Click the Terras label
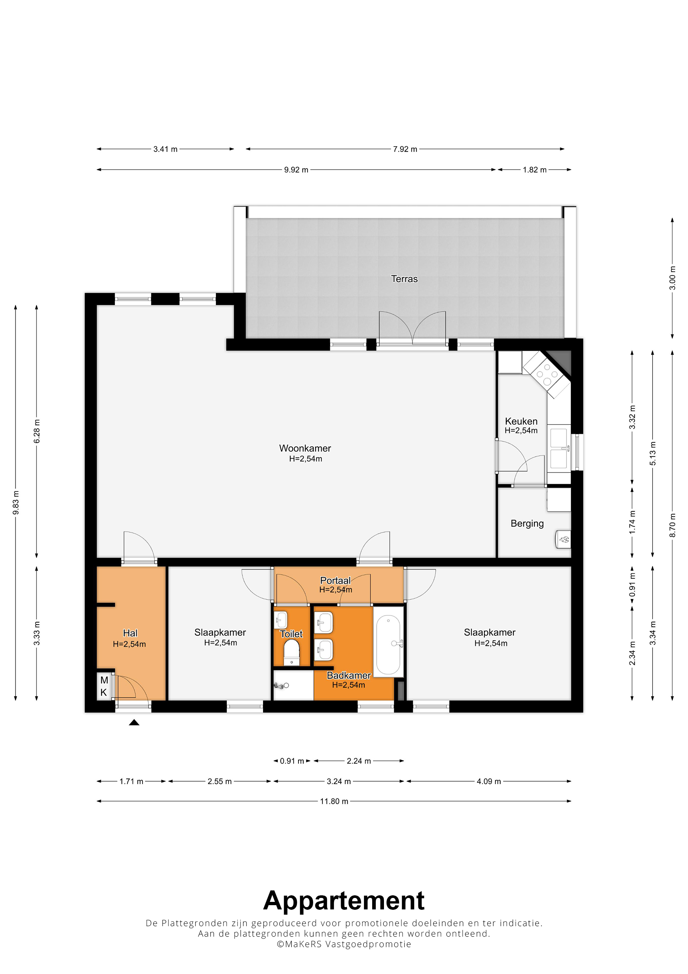click(x=404, y=279)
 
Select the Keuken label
click(x=521, y=421)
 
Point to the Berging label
click(x=527, y=524)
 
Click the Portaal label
click(x=335, y=580)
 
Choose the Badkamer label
click(x=349, y=675)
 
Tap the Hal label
click(x=130, y=633)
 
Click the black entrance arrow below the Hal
click(x=134, y=723)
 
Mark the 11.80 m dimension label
click(x=334, y=801)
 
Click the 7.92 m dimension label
click(x=405, y=149)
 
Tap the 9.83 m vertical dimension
click(x=16, y=503)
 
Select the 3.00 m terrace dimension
click(x=672, y=278)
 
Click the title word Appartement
click(x=344, y=901)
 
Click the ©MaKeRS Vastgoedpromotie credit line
click(x=344, y=944)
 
